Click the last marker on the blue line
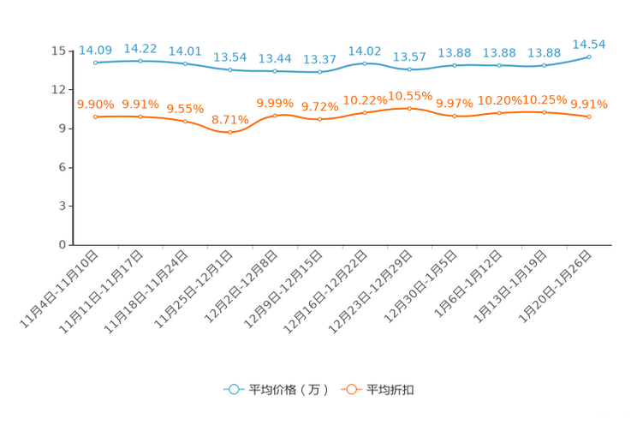pos(589,57)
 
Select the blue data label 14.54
pos(589,43)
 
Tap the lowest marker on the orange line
pos(229,132)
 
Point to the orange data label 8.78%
pos(229,119)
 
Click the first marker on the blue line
pos(95,63)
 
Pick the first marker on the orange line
pos(95,117)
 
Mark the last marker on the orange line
pos(589,117)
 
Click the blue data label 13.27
pos(319,59)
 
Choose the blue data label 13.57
pos(409,57)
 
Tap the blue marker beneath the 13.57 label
pos(409,69)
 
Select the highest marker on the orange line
pos(409,109)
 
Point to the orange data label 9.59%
pos(185,109)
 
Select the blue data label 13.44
pos(275,58)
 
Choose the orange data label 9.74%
pos(319,107)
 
